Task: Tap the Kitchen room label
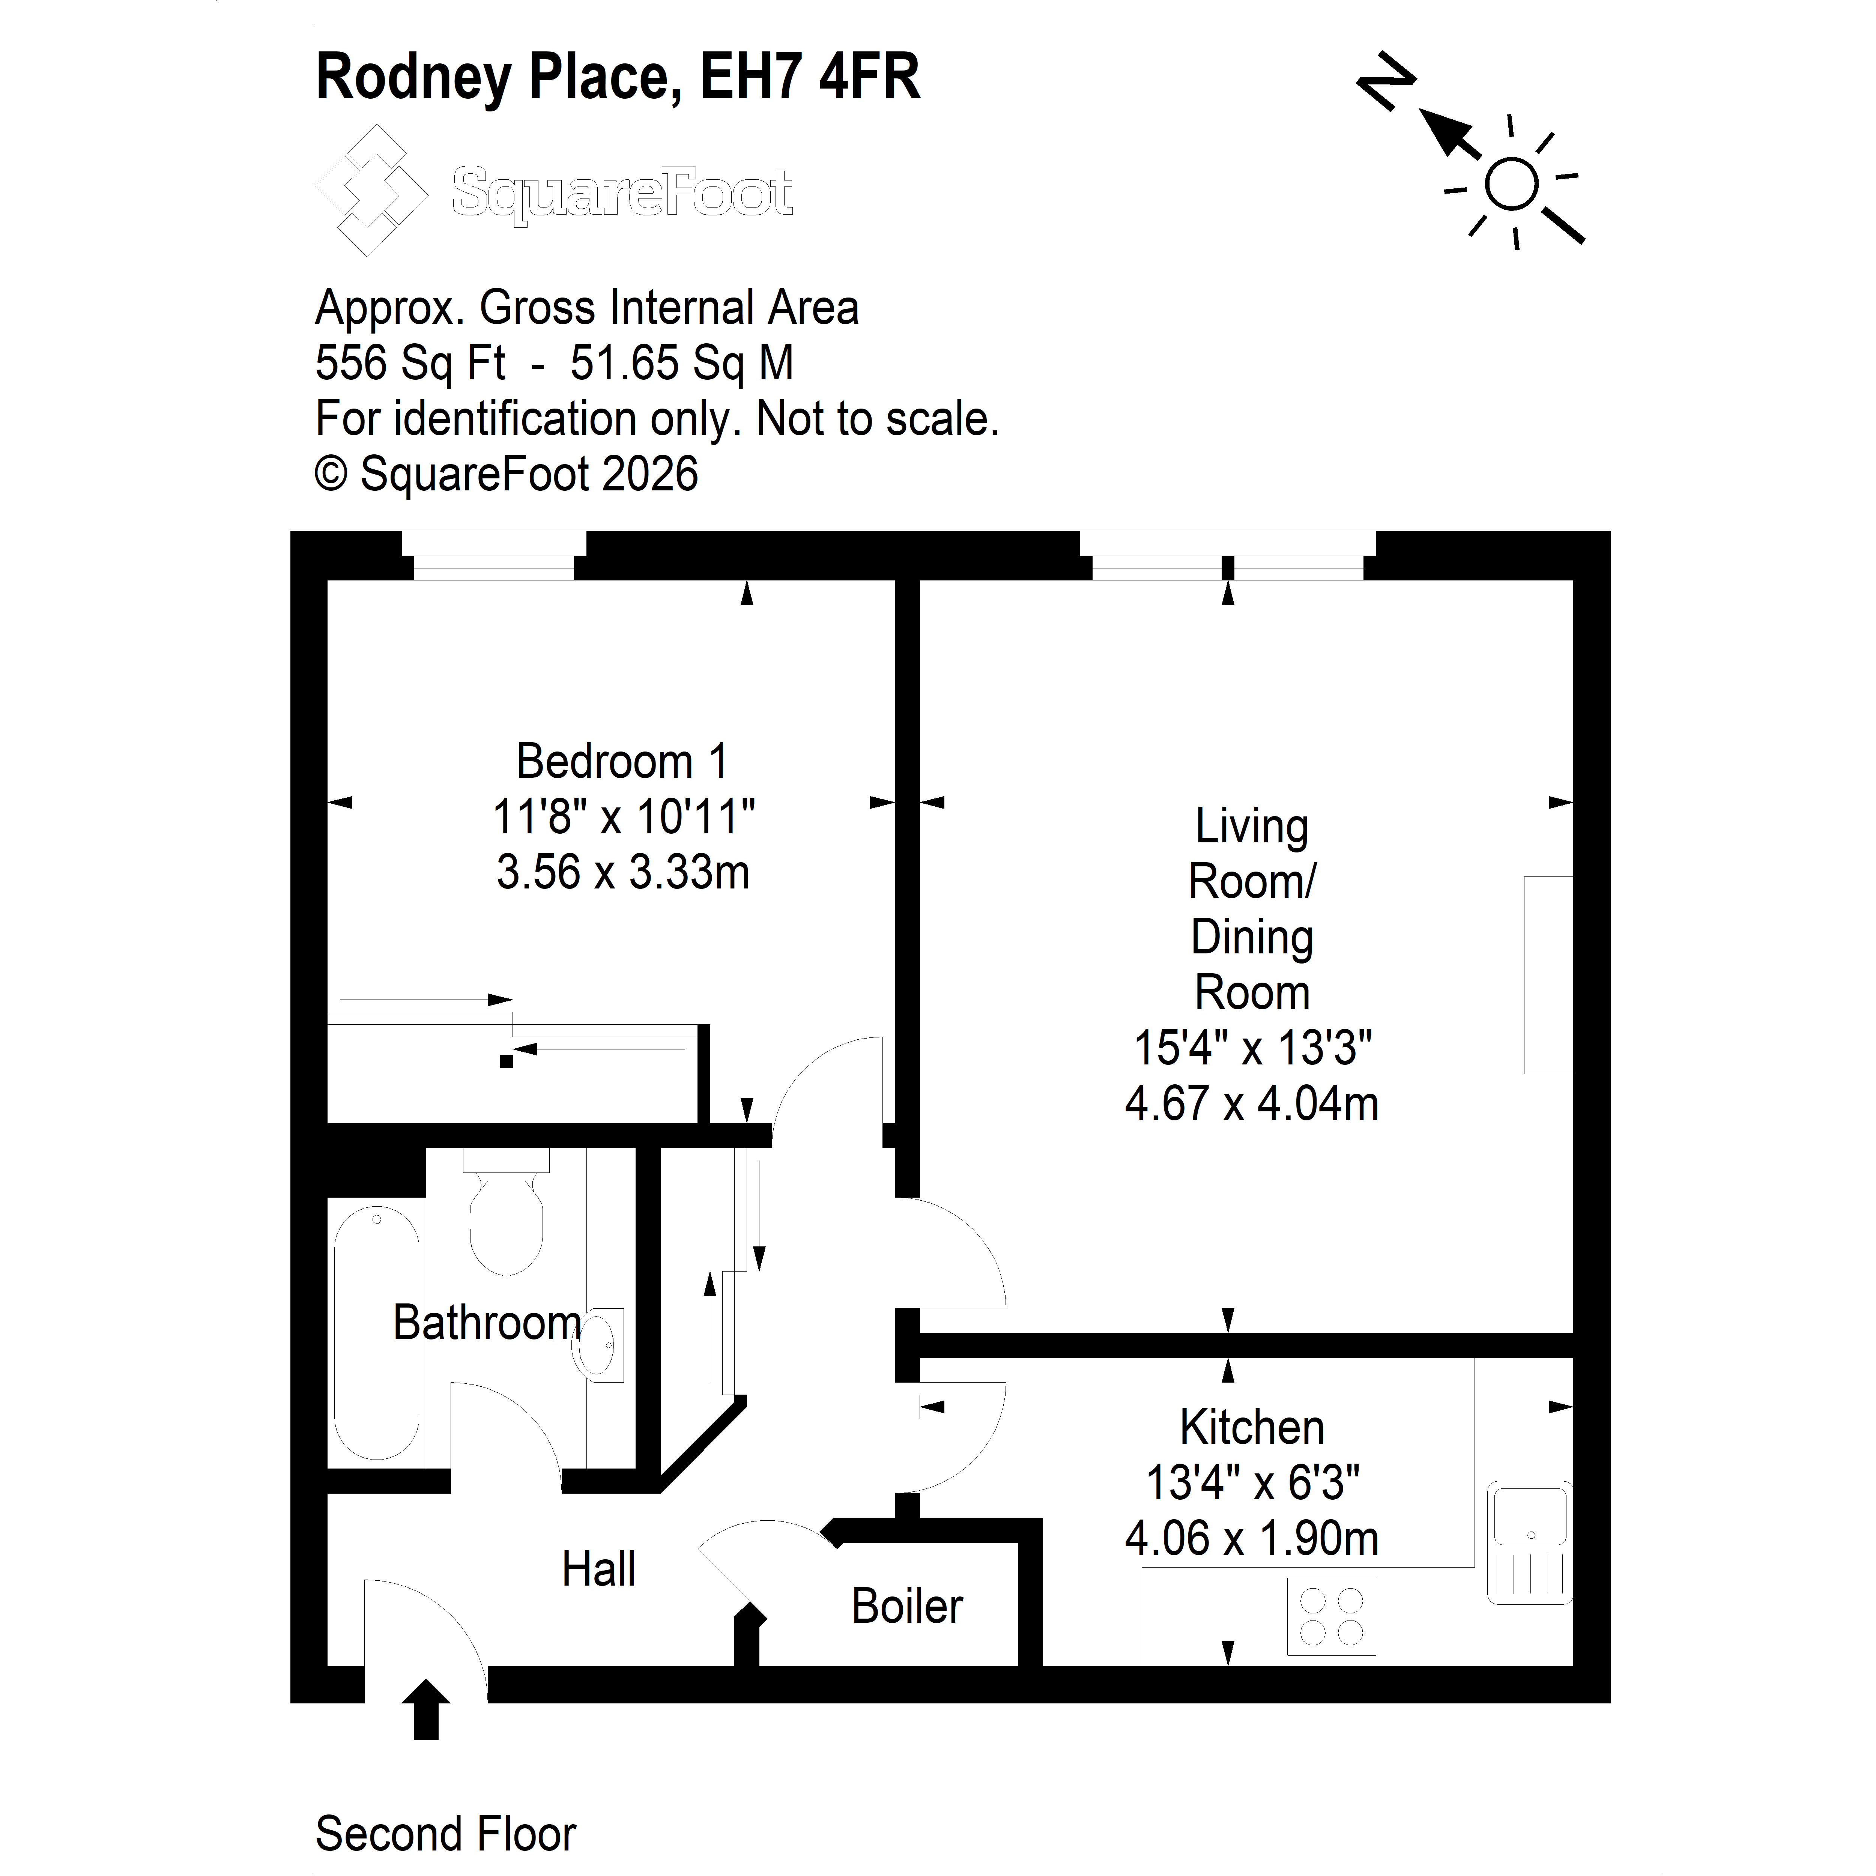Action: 1252,1427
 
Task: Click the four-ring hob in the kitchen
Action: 1331,1617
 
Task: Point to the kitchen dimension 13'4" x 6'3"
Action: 1252,1483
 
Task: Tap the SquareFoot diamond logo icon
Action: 371,190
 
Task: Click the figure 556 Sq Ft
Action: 411,363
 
